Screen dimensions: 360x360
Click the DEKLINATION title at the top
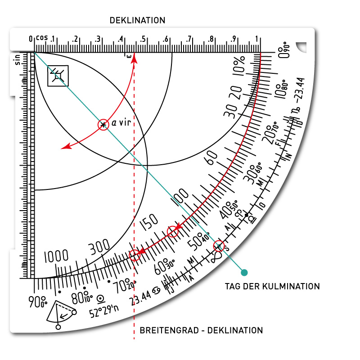point(137,20)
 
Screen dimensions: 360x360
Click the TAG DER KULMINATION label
point(272,286)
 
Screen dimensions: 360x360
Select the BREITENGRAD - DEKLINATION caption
point(201,330)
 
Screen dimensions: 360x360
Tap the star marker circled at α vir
point(103,125)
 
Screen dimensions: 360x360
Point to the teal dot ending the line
point(244,272)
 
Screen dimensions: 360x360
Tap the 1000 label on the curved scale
point(56,257)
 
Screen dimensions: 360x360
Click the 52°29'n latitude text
point(103,312)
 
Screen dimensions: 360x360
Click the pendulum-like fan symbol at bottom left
point(60,313)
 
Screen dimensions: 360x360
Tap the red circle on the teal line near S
point(219,246)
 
